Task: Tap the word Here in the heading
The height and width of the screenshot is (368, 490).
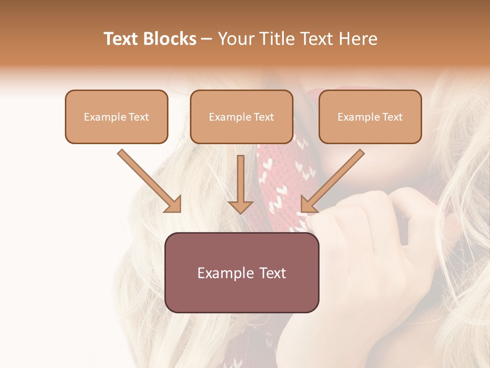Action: click(358, 39)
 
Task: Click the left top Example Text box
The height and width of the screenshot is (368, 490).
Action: click(116, 117)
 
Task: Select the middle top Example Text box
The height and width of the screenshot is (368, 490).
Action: click(241, 117)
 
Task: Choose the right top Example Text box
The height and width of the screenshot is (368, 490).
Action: click(370, 117)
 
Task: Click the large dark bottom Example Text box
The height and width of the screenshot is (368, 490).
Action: click(241, 272)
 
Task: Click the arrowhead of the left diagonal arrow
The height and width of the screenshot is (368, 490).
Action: click(174, 204)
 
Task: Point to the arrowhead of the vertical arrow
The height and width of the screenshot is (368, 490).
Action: click(240, 206)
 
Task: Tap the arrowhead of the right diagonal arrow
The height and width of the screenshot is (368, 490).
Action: click(308, 204)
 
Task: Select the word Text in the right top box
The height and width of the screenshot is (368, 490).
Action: click(392, 117)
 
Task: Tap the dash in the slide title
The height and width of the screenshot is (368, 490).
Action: click(207, 39)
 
